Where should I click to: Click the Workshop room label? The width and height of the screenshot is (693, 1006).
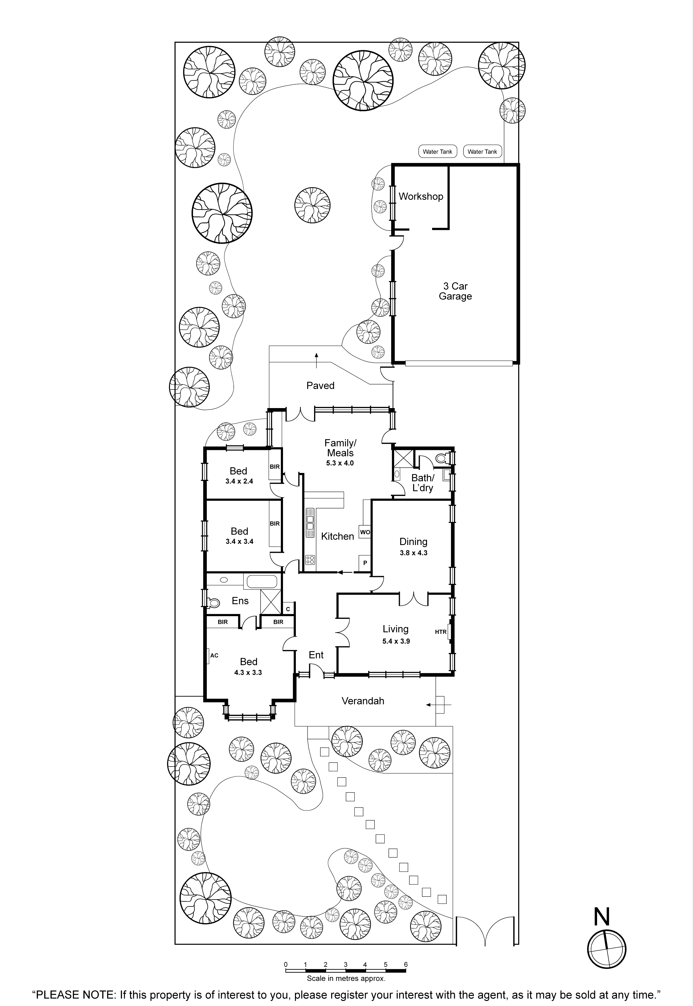pos(421,196)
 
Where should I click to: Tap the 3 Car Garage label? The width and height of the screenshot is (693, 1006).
pos(455,291)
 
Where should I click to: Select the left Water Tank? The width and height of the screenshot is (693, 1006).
pos(437,152)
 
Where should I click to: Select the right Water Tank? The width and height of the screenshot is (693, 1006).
pos(482,152)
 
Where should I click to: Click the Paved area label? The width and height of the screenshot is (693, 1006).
pos(320,386)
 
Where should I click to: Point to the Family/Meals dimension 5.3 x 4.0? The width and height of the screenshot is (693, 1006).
pos(340,463)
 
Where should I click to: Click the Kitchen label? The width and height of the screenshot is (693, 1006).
pos(337,536)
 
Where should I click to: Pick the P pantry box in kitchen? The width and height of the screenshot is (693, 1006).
pos(365,563)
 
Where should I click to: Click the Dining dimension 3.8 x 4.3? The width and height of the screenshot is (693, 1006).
pos(413,553)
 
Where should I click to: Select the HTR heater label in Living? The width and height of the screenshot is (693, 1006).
pos(441,632)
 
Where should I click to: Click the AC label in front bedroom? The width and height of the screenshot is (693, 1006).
pos(214,655)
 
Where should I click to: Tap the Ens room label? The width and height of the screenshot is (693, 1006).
pos(240,601)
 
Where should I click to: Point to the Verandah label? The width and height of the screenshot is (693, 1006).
pos(363,701)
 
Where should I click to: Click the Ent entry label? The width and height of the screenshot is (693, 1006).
pos(316,655)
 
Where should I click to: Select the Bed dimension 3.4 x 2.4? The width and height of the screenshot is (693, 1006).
pos(239,481)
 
